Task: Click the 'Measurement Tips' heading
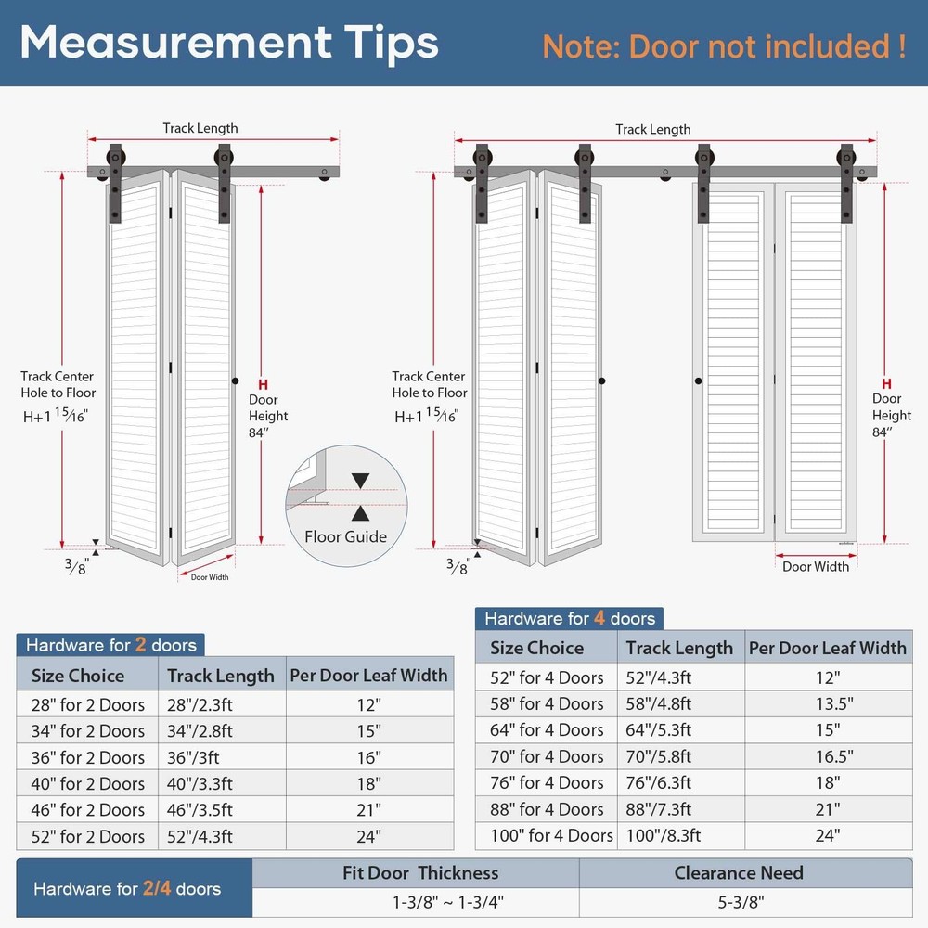click(x=229, y=43)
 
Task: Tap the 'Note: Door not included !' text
click(x=724, y=46)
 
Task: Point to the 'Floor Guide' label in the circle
click(x=345, y=536)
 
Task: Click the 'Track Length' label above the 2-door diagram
click(x=200, y=128)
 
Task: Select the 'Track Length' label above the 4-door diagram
click(x=652, y=129)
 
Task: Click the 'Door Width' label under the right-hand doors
click(x=816, y=566)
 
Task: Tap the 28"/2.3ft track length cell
click(x=200, y=705)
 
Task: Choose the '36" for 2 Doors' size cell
click(x=87, y=757)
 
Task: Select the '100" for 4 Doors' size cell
click(x=551, y=835)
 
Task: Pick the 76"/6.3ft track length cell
click(x=658, y=782)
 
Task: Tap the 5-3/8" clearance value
click(x=741, y=902)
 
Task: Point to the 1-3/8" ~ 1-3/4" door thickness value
click(x=448, y=902)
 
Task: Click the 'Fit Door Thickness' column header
click(x=420, y=873)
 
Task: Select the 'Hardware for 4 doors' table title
click(x=570, y=618)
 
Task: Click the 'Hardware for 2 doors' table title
click(x=110, y=645)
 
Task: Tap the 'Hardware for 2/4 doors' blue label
click(x=126, y=888)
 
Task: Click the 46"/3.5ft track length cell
click(x=200, y=809)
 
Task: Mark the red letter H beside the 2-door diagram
click(x=263, y=385)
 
